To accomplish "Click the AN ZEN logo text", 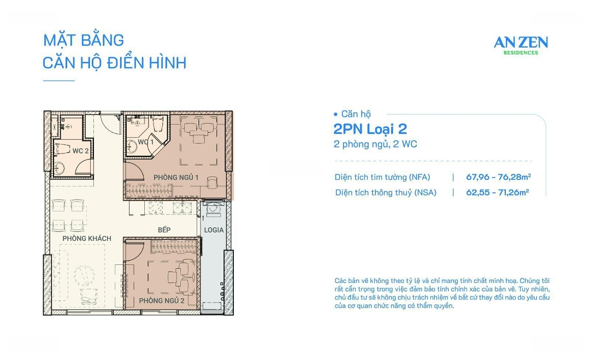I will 521,43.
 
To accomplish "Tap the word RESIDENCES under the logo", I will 521,53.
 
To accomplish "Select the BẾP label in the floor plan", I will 164,230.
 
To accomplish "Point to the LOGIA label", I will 214,230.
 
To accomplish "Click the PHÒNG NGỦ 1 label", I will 176,177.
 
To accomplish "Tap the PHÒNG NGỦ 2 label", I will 161,300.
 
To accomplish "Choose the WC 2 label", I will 80,151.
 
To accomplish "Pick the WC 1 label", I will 145,142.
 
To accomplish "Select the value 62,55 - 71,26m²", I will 497,192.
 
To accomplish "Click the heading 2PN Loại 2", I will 370,129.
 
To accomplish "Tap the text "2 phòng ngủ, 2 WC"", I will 375,144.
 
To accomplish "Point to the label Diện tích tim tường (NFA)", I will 382,177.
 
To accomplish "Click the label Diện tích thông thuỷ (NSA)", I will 386,192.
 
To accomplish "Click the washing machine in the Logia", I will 213,210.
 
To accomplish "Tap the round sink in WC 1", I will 133,146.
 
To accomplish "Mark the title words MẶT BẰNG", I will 84,40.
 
